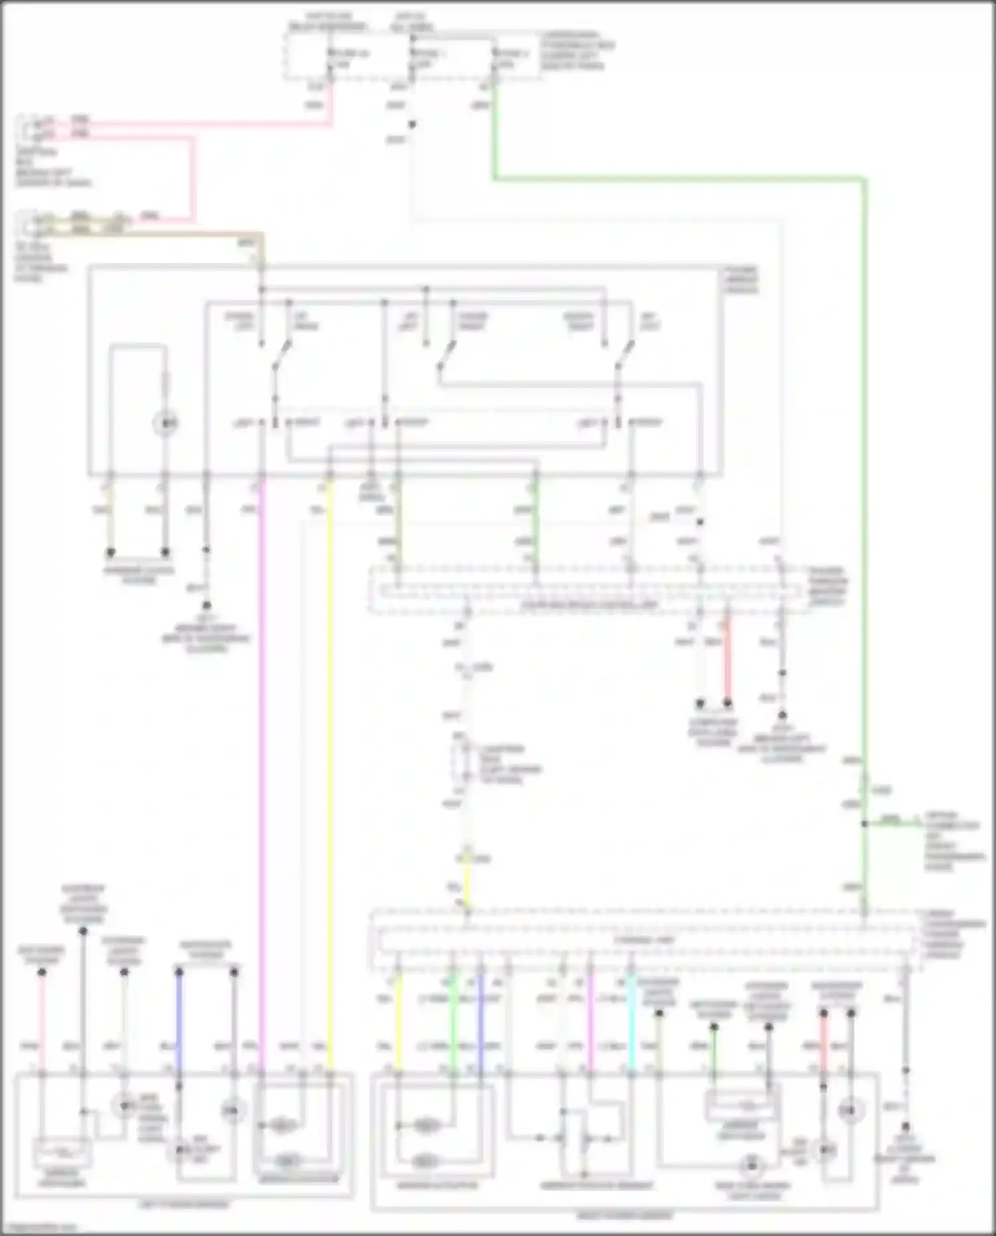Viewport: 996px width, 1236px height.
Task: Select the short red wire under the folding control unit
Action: coord(727,661)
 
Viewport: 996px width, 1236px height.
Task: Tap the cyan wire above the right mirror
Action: coord(631,1023)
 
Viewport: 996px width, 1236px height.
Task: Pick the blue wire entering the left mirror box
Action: coord(179,1023)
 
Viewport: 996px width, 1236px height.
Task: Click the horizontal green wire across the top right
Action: coord(677,178)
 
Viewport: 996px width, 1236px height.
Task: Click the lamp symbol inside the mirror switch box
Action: coord(165,422)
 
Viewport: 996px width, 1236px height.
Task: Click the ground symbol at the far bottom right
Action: coord(905,1127)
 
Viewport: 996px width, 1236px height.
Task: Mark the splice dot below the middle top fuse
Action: coord(412,124)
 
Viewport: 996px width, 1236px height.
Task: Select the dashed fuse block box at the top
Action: coord(412,56)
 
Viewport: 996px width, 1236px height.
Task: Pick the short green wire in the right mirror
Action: coord(714,1049)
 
